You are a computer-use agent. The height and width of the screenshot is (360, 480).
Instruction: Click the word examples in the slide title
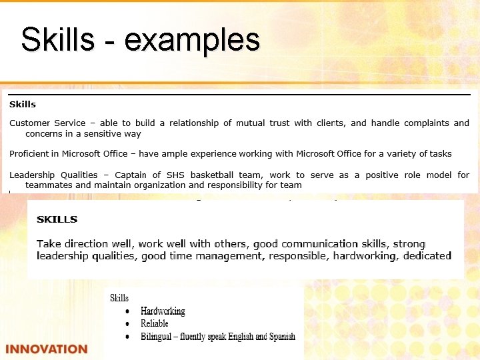(192, 40)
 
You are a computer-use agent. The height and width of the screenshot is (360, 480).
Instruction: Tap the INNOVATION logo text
(46, 349)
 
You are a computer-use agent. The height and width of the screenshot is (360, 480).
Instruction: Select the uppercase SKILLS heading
(57, 219)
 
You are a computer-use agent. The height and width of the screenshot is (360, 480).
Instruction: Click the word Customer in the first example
(29, 123)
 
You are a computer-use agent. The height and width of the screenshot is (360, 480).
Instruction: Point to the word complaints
(425, 123)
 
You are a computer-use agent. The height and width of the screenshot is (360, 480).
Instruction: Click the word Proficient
(31, 153)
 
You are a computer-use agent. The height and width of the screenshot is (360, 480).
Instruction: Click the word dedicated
(425, 255)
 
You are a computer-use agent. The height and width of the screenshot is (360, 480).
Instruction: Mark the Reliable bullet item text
(154, 323)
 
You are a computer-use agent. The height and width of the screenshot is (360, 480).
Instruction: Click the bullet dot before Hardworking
(127, 311)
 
